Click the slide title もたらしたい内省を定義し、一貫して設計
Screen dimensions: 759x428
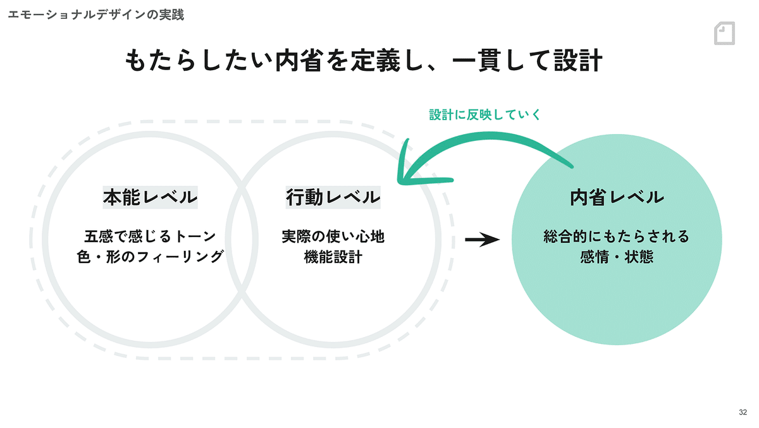point(364,61)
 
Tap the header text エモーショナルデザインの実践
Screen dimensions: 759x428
point(96,15)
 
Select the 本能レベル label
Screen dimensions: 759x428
point(150,197)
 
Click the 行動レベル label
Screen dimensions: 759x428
point(333,197)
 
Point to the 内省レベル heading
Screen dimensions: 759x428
point(617,197)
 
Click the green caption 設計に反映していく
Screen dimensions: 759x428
point(485,114)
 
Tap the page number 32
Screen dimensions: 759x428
point(743,412)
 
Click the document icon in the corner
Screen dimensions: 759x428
point(724,33)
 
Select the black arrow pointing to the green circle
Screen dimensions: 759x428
point(482,240)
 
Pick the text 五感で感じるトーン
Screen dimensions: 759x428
point(150,236)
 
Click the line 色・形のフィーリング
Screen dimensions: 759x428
point(150,257)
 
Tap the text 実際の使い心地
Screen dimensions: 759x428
point(333,236)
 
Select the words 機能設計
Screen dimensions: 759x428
point(333,257)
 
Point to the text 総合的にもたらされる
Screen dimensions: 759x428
point(617,236)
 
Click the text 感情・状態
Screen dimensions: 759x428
point(617,257)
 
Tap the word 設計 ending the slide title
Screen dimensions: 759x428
point(578,61)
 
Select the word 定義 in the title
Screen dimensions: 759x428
point(376,61)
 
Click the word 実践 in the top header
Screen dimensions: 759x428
point(172,15)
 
